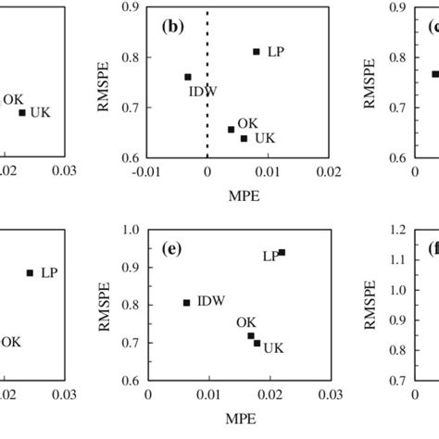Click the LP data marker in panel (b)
point(257,51)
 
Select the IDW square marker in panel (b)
point(188,77)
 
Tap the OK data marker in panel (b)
point(231,129)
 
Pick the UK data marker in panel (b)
point(245,138)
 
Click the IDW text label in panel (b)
point(201,91)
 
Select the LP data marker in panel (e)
point(282,252)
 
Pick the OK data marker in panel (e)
point(251,335)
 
